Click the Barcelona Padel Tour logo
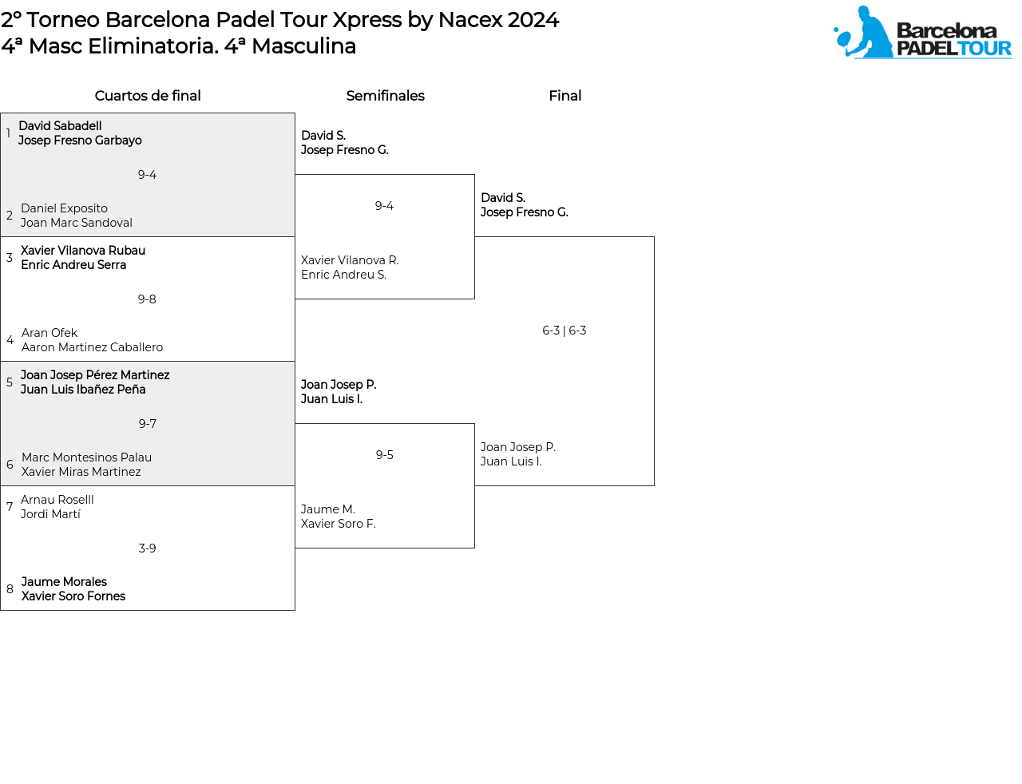922,32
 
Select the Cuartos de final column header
148,96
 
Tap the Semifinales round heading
385,96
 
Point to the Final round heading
564,96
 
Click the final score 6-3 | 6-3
564,331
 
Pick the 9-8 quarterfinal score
147,299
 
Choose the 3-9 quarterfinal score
147,548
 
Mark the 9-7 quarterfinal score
147,424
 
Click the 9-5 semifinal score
384,455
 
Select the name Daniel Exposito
64,208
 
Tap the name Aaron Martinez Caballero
92,347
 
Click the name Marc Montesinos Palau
86,457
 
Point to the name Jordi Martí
50,514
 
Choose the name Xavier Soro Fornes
73,596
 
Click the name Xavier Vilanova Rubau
83,250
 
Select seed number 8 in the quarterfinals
10,589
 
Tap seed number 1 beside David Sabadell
8,133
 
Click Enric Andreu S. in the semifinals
344,275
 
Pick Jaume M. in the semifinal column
328,509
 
